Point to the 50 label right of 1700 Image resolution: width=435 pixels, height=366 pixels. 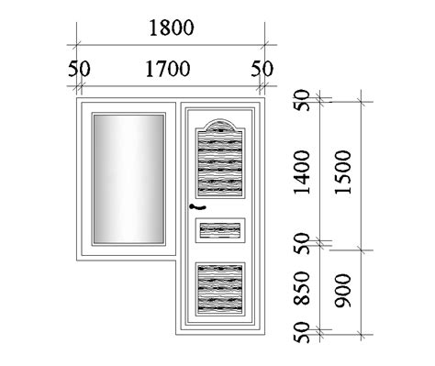click(x=262, y=69)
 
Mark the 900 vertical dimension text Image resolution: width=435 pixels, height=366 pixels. click(x=345, y=292)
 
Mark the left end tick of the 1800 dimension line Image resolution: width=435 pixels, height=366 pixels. click(x=76, y=42)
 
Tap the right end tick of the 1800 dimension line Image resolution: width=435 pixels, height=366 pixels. click(x=264, y=42)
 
